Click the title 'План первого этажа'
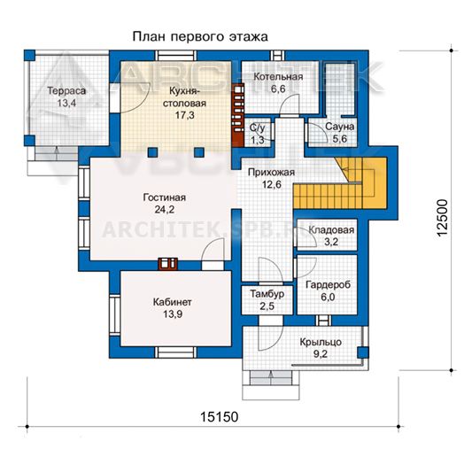point(200,36)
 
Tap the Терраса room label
point(66,90)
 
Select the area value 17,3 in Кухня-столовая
point(184,115)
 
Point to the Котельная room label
point(278,76)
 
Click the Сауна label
point(339,127)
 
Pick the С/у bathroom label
point(258,128)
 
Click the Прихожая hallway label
point(271,173)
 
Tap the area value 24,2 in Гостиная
point(165,209)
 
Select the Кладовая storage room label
point(331,230)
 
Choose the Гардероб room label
point(329,284)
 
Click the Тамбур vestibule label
point(267,294)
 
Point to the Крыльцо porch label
point(321,342)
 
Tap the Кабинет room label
point(172,302)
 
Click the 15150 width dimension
point(219,417)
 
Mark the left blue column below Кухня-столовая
point(152,152)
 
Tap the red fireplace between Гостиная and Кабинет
point(167,264)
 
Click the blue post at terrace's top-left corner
point(29,55)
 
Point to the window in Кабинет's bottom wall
point(176,352)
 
